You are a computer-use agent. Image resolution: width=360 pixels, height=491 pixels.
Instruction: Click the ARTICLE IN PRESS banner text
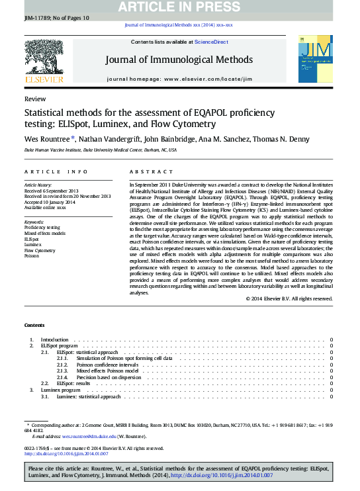[x=179, y=7]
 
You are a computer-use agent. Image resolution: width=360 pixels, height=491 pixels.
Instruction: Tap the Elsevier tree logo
[x=44, y=58]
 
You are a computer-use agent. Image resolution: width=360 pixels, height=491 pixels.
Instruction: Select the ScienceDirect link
[x=210, y=42]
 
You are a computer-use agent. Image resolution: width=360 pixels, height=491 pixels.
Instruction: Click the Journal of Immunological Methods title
[x=179, y=60]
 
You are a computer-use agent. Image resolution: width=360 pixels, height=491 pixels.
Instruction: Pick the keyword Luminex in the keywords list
[x=33, y=245]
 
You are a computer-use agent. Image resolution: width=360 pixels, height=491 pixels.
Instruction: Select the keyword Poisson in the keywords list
[x=32, y=256]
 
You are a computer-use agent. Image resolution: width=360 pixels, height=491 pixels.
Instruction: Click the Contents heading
[x=34, y=325]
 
